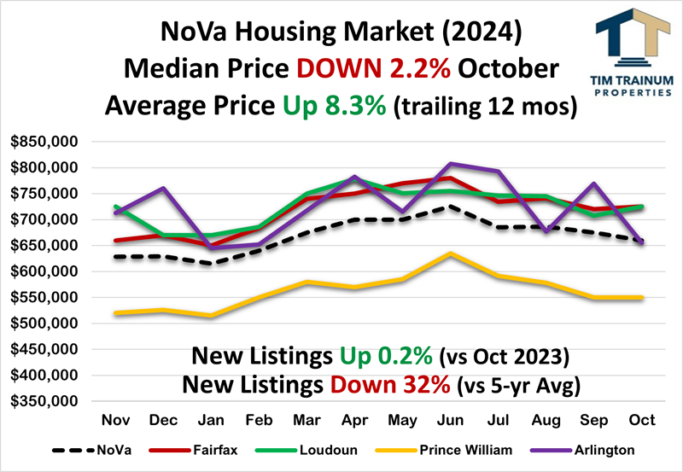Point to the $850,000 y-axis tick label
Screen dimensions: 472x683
point(44,141)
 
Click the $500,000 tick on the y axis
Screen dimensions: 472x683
point(44,323)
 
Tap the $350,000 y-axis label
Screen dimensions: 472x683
point(44,401)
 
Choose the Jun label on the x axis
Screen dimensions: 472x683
point(450,421)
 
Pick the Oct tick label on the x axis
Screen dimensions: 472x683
point(641,421)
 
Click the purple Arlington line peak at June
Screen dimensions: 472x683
point(451,163)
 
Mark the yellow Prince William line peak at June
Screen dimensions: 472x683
point(451,253)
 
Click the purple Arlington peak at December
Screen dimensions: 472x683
point(162,188)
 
